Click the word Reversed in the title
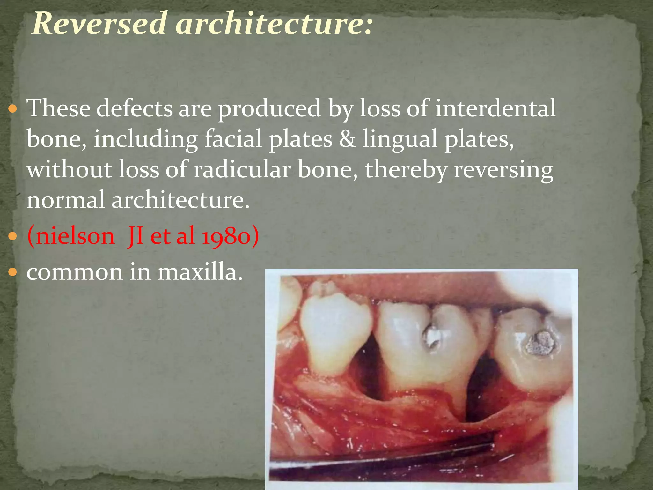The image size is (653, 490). point(99,23)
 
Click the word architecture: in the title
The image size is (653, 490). point(274,23)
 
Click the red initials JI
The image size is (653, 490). point(135,236)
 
